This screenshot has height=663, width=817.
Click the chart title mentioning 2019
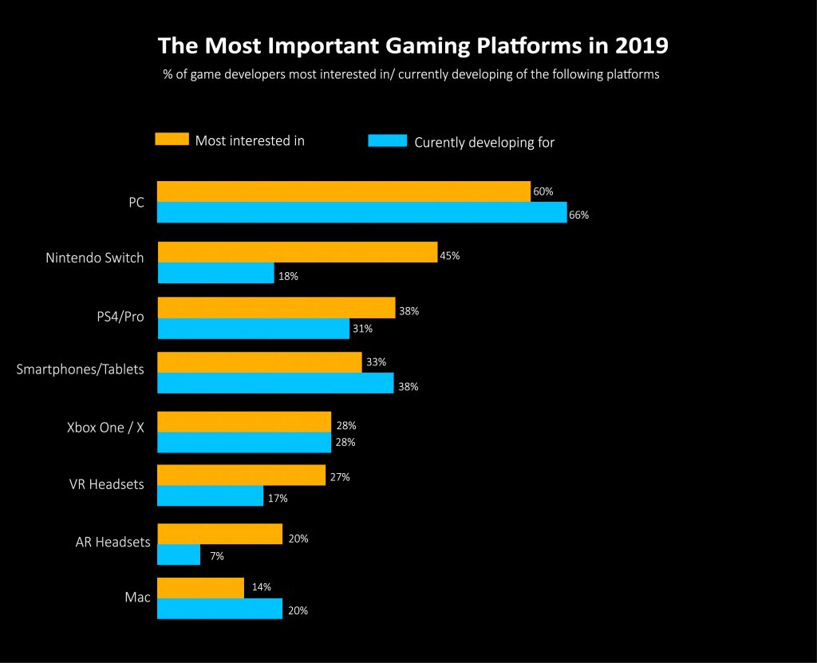(412, 45)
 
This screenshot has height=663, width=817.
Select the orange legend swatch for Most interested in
(172, 140)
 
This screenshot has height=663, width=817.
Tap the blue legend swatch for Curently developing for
(388, 141)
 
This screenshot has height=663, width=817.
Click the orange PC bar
(344, 191)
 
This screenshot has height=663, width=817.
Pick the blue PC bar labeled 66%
(361, 212)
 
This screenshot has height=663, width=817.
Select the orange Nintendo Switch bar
(298, 252)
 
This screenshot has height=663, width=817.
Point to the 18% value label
(288, 276)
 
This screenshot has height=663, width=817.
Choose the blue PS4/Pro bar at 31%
(254, 329)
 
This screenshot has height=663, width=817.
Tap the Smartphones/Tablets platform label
(81, 369)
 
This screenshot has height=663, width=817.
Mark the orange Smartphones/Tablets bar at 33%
(259, 362)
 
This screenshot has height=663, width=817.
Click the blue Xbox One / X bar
(244, 442)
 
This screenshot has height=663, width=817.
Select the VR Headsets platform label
(107, 484)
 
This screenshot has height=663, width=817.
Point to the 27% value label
(339, 477)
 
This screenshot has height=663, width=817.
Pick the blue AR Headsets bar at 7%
(180, 554)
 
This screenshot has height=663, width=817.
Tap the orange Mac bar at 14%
(201, 588)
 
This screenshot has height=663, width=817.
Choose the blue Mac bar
(220, 609)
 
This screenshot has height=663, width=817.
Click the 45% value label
(450, 256)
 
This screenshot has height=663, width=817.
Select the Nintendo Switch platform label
(95, 258)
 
